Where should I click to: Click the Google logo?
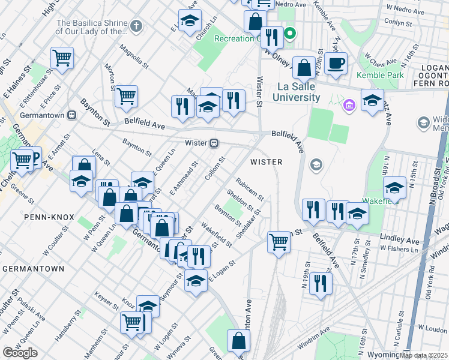(20, 353)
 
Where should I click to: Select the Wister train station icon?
(214, 143)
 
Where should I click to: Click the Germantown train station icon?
(71, 114)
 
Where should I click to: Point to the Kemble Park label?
(380, 76)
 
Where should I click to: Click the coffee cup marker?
(336, 63)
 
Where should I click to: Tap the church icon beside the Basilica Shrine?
(136, 26)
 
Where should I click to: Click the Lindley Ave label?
(400, 240)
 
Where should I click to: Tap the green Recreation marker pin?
(291, 33)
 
